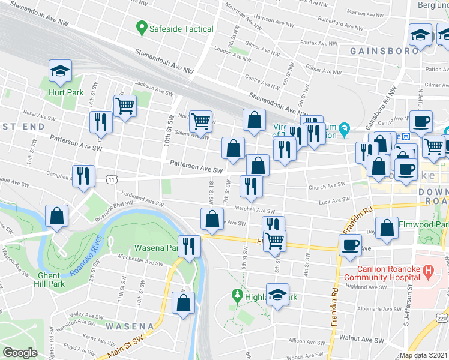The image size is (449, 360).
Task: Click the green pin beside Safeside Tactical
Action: tap(142, 28)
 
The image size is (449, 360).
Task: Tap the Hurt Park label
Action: tap(66, 93)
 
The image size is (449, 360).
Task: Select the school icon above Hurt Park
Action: tap(60, 71)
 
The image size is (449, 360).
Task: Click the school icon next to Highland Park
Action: tap(277, 295)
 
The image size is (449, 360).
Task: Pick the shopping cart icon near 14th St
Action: tap(125, 107)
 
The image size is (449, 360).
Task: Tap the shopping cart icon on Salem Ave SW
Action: tap(200, 121)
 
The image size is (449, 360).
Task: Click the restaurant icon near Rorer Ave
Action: tap(100, 122)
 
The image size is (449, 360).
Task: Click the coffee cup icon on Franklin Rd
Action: tap(350, 245)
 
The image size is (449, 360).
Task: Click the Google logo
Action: tap(20, 353)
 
